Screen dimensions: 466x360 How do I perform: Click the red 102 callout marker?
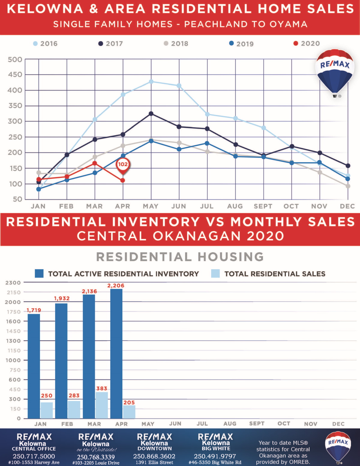123,165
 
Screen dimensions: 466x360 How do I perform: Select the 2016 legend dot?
35,44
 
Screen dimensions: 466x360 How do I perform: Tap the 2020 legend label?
310,44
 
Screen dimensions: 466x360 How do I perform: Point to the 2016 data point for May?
151,82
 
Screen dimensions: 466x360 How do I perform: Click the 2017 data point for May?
151,114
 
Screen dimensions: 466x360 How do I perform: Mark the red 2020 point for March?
95,163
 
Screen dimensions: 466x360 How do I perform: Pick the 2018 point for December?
348,186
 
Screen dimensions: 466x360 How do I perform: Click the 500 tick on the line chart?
15,60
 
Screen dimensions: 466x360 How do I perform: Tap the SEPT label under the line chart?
263,206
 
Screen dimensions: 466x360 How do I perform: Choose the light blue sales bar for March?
102,405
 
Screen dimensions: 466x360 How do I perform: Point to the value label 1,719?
34,310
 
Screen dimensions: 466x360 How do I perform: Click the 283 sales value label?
74,395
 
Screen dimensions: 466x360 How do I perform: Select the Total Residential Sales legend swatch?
215,274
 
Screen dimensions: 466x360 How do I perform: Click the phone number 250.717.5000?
34,456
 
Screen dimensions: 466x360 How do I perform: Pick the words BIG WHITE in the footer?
216,449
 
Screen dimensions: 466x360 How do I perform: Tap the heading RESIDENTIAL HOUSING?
180,257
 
